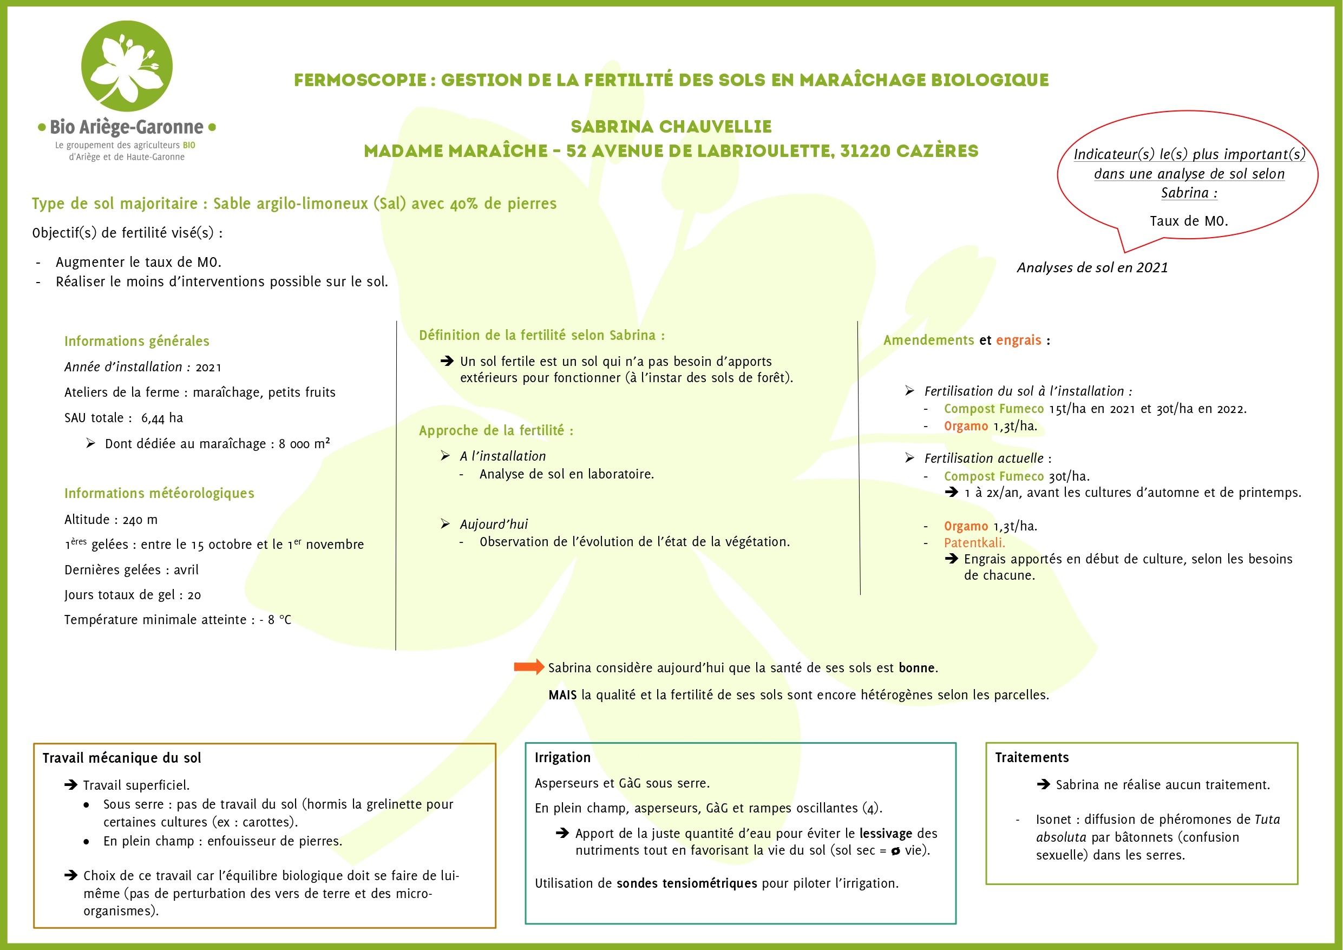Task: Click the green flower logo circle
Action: coord(126,66)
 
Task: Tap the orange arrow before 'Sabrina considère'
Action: coord(528,667)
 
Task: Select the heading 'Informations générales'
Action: coord(136,341)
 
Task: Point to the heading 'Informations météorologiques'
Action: coord(159,493)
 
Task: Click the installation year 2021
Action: coord(208,368)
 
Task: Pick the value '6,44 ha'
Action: coord(162,418)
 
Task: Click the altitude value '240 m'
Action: coord(140,520)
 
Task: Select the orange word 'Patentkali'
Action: coord(974,543)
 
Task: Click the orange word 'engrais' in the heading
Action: coord(1018,340)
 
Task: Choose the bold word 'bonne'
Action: coord(917,668)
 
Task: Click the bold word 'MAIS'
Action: coord(562,695)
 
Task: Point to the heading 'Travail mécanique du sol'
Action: coord(122,758)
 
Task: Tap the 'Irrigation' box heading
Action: coord(562,757)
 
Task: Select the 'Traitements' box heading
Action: coord(1031,757)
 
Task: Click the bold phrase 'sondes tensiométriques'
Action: coord(687,883)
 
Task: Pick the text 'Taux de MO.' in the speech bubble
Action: coord(1188,221)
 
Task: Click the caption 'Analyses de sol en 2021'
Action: coord(1092,268)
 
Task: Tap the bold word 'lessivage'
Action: coord(886,834)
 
